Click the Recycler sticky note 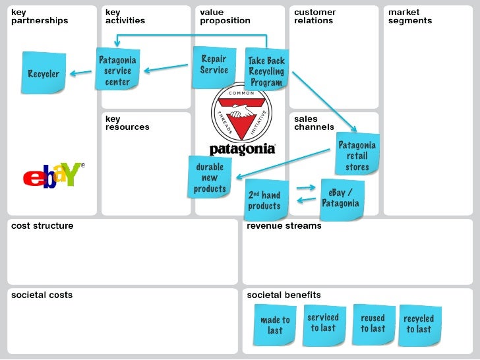(44, 73)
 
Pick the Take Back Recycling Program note (266, 71)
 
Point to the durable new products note (210, 177)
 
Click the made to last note (275, 324)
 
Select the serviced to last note (323, 322)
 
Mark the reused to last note (373, 322)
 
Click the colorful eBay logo (53, 175)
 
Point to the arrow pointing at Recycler (80, 73)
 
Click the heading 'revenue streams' (284, 226)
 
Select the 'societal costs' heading (42, 295)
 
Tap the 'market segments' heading (410, 16)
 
